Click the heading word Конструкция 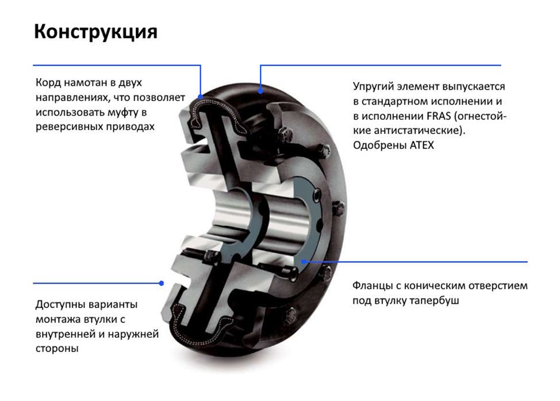coord(95,32)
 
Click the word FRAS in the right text coord(439,116)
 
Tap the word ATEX coord(422,146)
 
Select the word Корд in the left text coord(48,83)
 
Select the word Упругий coord(373,87)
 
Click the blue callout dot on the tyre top coord(260,91)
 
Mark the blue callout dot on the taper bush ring coord(304,262)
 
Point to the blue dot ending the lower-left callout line coord(162,284)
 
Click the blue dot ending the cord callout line coord(201,97)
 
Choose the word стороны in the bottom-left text coord(57,349)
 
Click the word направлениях coord(72,98)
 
